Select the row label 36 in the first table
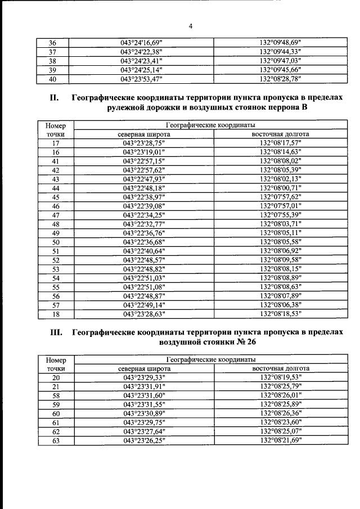click(x=53, y=43)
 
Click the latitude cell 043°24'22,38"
click(x=144, y=52)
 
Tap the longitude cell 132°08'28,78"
click(x=281, y=79)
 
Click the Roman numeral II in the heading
click(x=54, y=98)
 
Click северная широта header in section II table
click(x=144, y=134)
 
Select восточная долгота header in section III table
click(x=281, y=368)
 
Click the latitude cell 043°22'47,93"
click(x=144, y=179)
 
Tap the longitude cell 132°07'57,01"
click(x=281, y=206)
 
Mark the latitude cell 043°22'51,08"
click(x=144, y=287)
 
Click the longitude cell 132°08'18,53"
click(x=281, y=314)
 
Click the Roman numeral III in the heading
click(x=56, y=332)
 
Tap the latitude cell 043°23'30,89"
click(x=144, y=413)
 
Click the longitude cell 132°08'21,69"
click(x=281, y=440)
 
